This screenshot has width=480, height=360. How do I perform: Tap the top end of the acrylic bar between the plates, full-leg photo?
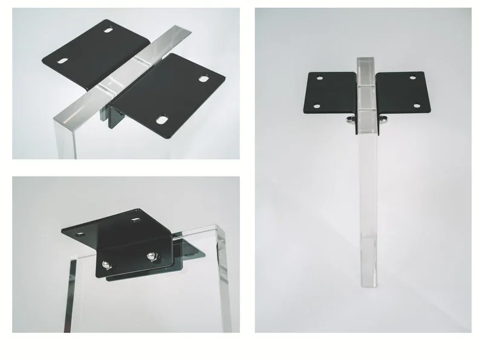pos(366,60)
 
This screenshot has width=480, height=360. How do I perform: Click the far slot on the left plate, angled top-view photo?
pos(109,30)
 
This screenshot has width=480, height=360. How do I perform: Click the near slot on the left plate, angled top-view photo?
pos(62,60)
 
